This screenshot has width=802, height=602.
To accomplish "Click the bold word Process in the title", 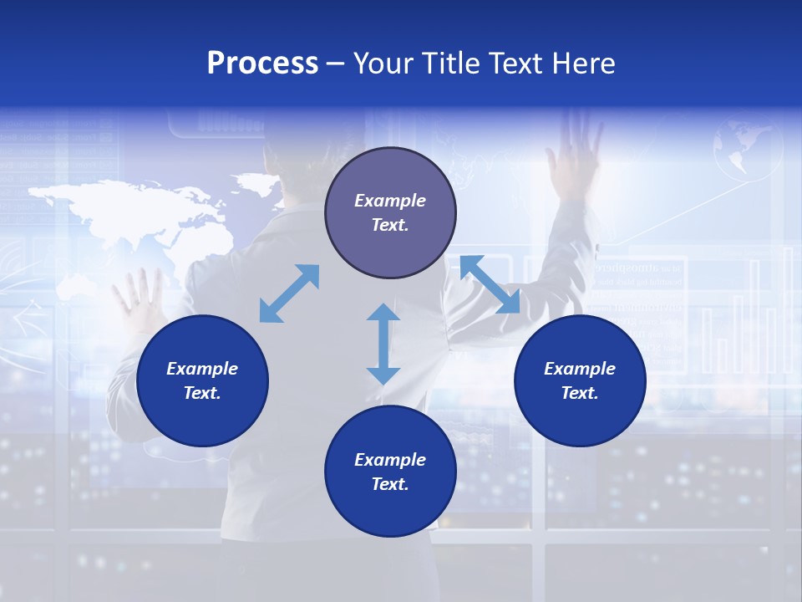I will coord(262,64).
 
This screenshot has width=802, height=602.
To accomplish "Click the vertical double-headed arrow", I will coord(383,344).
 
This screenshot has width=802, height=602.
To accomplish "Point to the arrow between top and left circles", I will coord(289,293).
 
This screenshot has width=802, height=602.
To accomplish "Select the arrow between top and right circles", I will coord(490,285).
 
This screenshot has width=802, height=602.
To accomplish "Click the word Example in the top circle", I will coord(390,201).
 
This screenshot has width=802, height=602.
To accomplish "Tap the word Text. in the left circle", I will coord(202,393).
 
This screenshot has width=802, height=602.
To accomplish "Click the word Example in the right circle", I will coord(580,369).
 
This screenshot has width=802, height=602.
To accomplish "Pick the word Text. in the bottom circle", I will coord(390,484).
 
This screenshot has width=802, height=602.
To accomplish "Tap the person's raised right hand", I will coord(575,155).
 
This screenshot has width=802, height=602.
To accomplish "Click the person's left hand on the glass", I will coord(139,297).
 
